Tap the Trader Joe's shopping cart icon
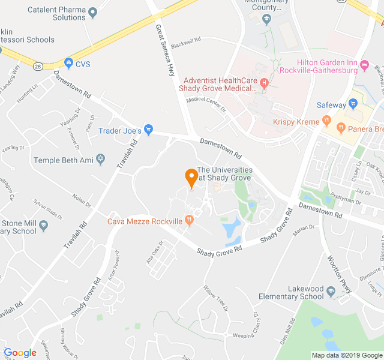click(x=149, y=130)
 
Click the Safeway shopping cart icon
click(x=353, y=104)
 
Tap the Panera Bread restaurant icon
click(x=341, y=127)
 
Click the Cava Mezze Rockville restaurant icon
click(x=190, y=220)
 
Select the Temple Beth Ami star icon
click(x=101, y=160)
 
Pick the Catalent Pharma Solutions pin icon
click(x=92, y=12)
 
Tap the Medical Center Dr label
click(x=206, y=103)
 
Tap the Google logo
click(x=20, y=352)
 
